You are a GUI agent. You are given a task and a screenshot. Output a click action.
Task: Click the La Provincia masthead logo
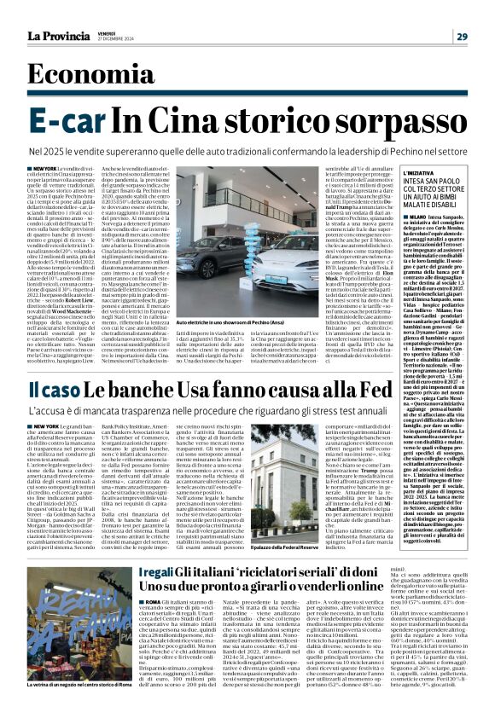pyautogui.click(x=56, y=37)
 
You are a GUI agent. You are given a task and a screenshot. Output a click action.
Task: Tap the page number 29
pyautogui.click(x=462, y=37)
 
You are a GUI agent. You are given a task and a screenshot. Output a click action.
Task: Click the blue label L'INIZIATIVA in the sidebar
pyautogui.click(x=414, y=172)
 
